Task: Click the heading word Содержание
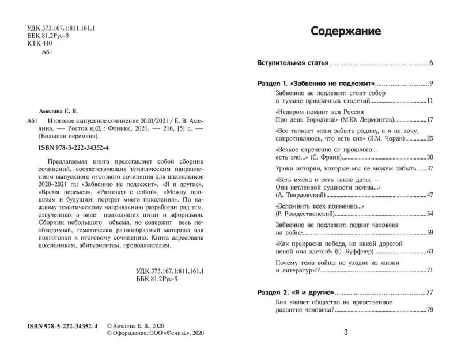click(x=345, y=31)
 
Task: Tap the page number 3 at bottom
click(x=346, y=332)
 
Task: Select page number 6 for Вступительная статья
click(x=431, y=62)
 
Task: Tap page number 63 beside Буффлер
click(x=429, y=251)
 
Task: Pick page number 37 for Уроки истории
click(x=429, y=168)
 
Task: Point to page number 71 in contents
click(x=429, y=270)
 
